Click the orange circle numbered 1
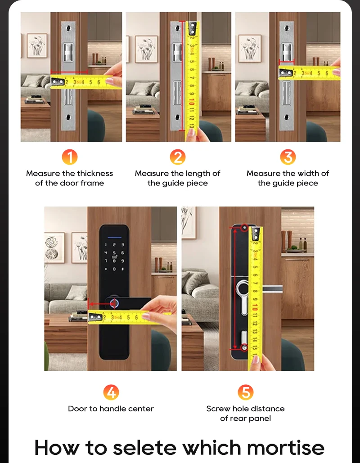click(x=70, y=157)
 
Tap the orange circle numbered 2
click(x=178, y=157)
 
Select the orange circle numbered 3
click(x=288, y=157)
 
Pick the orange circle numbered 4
click(x=111, y=392)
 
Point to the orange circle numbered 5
click(x=246, y=392)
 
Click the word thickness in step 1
click(x=95, y=173)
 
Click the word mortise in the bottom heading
click(x=286, y=448)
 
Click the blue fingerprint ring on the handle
click(x=114, y=303)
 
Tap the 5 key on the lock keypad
click(x=114, y=253)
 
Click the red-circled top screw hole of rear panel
click(x=244, y=228)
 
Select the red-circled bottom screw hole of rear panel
click(x=244, y=347)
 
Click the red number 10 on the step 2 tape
click(x=192, y=102)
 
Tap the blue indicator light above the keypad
click(x=115, y=237)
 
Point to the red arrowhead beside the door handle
click(x=90, y=304)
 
